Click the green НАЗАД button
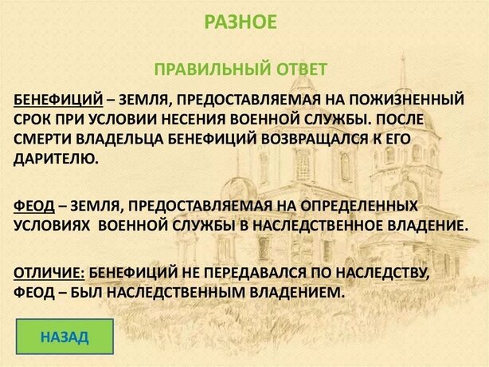pos(65,337)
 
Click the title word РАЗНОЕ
pos(241,22)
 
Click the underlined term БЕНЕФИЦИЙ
pos(58,100)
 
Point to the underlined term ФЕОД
pos(34,206)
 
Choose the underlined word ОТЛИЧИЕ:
pos(49,272)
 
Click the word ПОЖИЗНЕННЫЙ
pos(406,100)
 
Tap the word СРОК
pos(33,120)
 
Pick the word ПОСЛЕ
pos(400,120)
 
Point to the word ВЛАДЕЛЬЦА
pos(120,140)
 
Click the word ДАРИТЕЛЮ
pos(56,160)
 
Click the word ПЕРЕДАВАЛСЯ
pos(255,272)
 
